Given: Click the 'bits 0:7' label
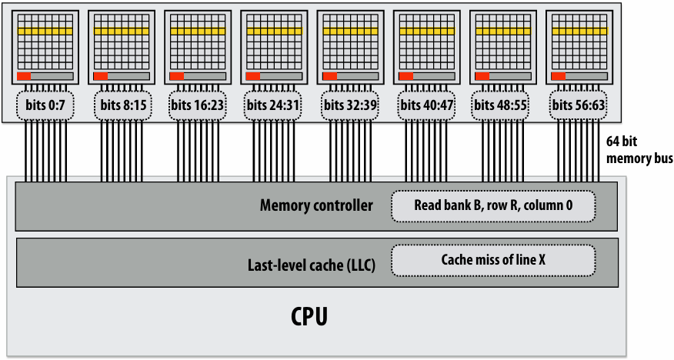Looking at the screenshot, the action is pos(45,105).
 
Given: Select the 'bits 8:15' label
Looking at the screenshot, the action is pos(122,105).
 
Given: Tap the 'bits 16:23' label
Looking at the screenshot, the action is pos(197,105).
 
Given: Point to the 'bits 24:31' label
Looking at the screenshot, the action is pos(273,105).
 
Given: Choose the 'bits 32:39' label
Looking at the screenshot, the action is pos(350,105).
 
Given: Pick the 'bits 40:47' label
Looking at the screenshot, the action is pos(426,105).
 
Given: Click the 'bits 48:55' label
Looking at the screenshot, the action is pos(500,105).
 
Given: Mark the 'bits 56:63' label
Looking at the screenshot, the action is pos(578,105).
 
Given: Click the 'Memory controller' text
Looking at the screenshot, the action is pos(316,205).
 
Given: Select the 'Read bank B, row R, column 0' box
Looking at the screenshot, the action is pos(493,206).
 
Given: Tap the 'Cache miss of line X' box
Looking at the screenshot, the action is pos(493,260).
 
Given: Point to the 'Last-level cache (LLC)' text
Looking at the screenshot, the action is pos(311,265).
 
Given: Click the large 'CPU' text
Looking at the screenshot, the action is pos(309,317).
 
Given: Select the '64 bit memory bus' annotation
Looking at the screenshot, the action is pos(639,149).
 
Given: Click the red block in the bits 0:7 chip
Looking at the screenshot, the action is pos(24,76).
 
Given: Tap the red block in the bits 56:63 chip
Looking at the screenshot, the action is pos(558,76).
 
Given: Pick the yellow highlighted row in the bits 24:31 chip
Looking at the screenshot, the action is pos(274,32).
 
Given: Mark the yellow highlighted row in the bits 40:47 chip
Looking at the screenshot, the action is pos(427,32).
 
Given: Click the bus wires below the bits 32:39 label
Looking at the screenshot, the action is pos(350,151).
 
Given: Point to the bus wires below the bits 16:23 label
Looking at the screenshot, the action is pos(198,151).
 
